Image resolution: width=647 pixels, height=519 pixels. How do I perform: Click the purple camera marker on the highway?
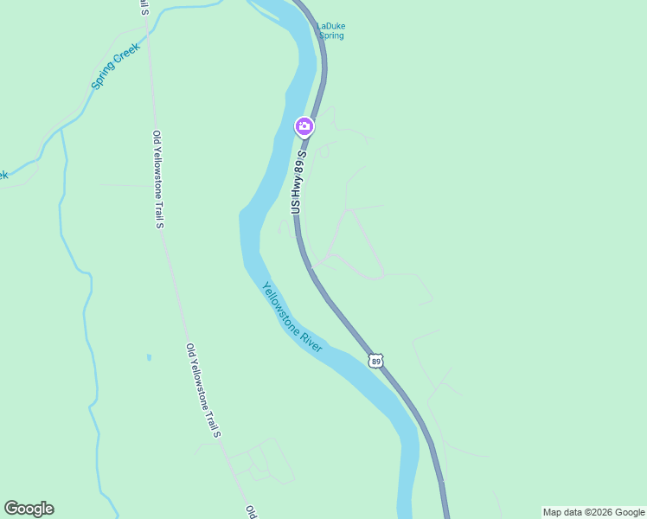304,127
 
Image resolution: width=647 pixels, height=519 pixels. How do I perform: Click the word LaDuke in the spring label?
330,26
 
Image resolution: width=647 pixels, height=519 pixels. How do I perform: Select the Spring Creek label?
115,66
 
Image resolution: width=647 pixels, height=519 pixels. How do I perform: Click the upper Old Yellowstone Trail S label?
158,179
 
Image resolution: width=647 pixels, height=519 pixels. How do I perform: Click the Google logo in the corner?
29,509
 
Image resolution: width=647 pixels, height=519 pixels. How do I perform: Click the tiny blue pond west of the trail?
149,356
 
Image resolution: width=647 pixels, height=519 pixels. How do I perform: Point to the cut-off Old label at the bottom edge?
250,511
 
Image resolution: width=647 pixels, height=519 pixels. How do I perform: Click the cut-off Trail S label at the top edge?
143,8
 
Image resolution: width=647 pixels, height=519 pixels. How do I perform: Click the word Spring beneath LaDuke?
330,35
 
